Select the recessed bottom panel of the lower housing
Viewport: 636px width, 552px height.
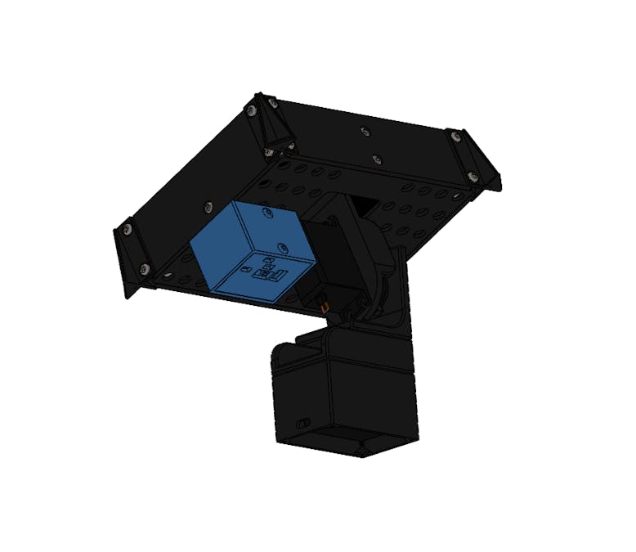(343, 442)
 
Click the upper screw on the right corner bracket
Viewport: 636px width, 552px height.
(454, 136)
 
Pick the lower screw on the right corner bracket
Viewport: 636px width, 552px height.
(472, 174)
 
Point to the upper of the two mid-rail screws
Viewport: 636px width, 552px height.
(364, 130)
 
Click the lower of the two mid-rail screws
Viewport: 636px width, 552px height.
(376, 159)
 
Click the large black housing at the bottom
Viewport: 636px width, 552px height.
(343, 393)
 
